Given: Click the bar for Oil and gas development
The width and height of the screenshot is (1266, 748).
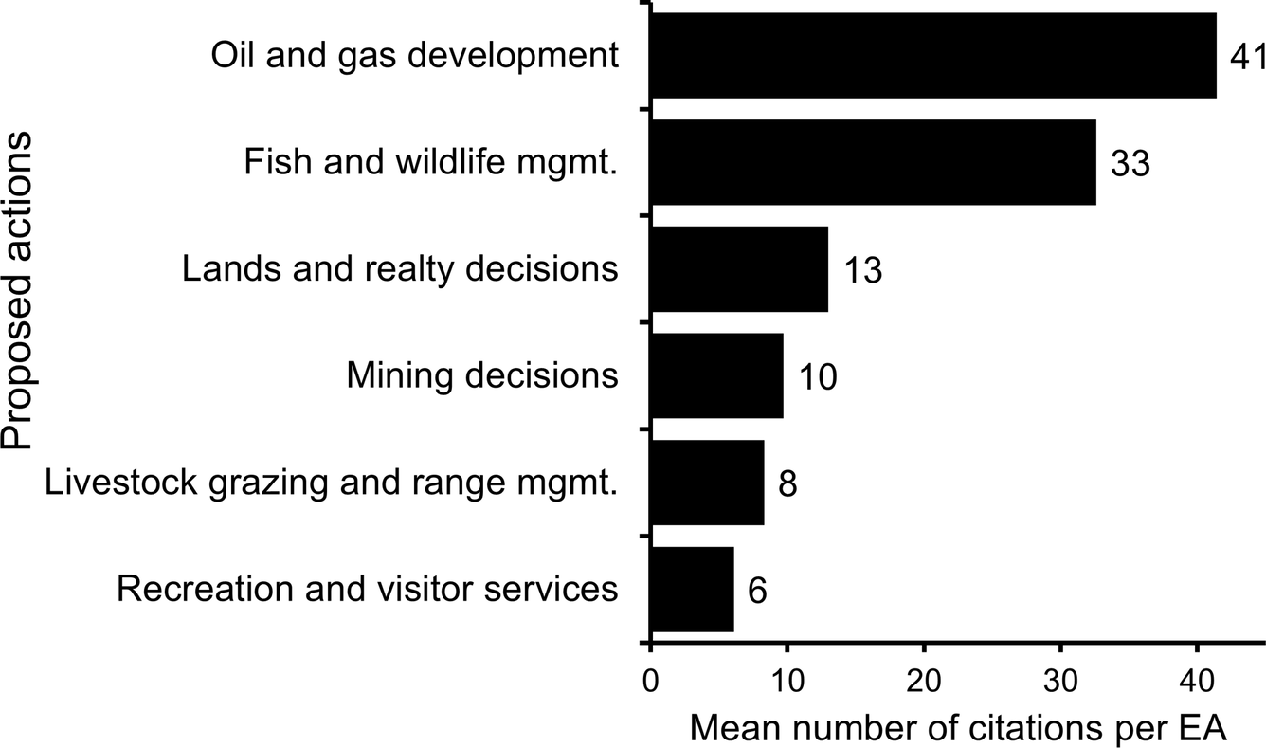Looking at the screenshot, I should [x=933, y=56].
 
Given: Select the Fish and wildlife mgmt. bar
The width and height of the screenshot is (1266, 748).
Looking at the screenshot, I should [x=873, y=162].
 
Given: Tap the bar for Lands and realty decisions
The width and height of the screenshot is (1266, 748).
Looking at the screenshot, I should [x=739, y=269].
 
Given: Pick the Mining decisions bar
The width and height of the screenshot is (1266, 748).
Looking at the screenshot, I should [x=717, y=375].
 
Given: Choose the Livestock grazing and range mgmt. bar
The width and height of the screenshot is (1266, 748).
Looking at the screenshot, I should [x=707, y=483].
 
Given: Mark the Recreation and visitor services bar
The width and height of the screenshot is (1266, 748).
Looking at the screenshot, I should [x=692, y=589].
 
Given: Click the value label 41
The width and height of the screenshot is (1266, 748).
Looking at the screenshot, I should [x=1246, y=57].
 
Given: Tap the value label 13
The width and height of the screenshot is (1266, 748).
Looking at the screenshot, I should [x=861, y=270].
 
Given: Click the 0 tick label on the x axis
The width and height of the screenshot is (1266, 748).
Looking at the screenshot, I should [x=650, y=681].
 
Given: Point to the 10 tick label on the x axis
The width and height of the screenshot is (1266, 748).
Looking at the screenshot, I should [x=786, y=681].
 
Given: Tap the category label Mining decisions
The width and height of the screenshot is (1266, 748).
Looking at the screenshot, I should [x=482, y=375].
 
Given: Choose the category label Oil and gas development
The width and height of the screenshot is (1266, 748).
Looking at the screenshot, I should [x=414, y=56].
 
